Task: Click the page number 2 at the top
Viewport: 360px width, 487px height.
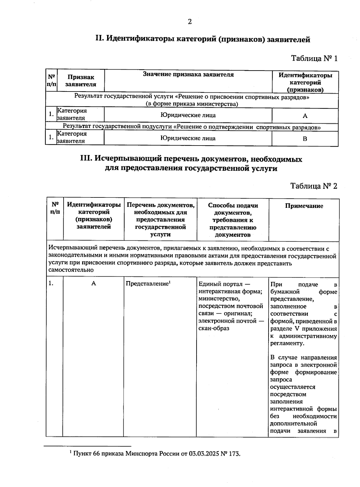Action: coord(189,22)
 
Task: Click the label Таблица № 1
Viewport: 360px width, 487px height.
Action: coord(314,58)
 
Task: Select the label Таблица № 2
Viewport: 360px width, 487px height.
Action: coord(314,186)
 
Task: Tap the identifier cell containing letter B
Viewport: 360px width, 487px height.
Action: coord(305,139)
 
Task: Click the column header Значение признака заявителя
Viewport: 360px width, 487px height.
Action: coord(188,74)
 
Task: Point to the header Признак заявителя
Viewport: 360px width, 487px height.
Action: coord(81,81)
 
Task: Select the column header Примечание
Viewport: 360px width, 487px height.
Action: coord(304,206)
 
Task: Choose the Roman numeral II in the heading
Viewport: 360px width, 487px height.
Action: coord(99,39)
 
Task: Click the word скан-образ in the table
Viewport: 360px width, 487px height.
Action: coord(214,328)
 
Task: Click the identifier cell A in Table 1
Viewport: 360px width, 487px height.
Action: coord(305,116)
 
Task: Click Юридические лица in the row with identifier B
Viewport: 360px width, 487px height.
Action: coord(188,138)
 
